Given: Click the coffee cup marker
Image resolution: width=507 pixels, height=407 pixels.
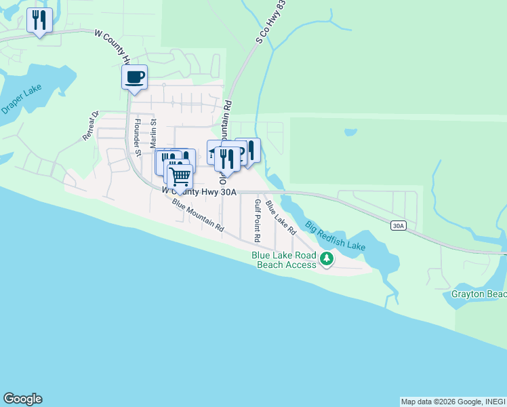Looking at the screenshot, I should pyautogui.click(x=134, y=77).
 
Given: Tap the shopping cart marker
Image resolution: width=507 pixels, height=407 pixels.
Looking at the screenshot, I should pyautogui.click(x=180, y=176).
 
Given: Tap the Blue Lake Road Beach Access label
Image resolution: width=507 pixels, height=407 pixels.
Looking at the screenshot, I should pyautogui.click(x=285, y=260).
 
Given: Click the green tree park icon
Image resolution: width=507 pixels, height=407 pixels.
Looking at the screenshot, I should pyautogui.click(x=327, y=258).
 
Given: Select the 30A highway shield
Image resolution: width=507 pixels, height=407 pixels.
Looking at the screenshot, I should pyautogui.click(x=398, y=227).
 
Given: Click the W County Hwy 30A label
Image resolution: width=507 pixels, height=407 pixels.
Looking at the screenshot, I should pyautogui.click(x=199, y=192).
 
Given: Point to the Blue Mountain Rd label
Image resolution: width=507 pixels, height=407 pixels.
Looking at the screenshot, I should pyautogui.click(x=197, y=216).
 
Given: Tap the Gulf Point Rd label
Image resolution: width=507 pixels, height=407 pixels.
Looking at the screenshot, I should pyautogui.click(x=257, y=220).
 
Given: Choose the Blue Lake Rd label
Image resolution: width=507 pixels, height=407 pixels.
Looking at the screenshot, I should pyautogui.click(x=281, y=217).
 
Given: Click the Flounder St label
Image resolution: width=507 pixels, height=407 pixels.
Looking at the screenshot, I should pyautogui.click(x=137, y=138).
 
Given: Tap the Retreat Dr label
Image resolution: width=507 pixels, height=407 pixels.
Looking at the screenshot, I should pyautogui.click(x=91, y=126).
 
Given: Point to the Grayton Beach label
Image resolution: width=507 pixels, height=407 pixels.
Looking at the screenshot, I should pyautogui.click(x=479, y=294).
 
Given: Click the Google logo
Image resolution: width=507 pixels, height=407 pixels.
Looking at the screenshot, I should pyautogui.click(x=22, y=399).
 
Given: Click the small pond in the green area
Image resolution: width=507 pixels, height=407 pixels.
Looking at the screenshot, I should pyautogui.click(x=350, y=132).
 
